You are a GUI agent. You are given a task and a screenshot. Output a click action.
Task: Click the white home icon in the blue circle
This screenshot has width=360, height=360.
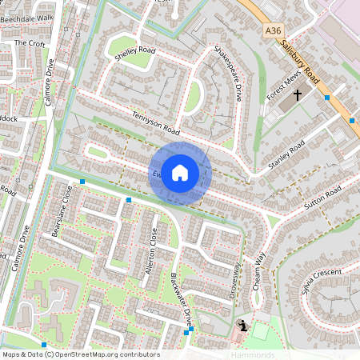pyautogui.click(x=180, y=173)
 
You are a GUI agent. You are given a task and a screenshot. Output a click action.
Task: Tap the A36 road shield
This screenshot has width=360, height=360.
pyautogui.click(x=274, y=30)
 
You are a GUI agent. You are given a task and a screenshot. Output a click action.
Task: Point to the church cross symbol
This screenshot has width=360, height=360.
pyautogui.click(x=298, y=95)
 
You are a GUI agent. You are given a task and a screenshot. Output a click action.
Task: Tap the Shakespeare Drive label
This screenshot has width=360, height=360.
pyautogui.click(x=228, y=74)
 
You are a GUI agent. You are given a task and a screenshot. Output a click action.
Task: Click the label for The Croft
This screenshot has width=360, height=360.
pyautogui.click(x=30, y=43)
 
